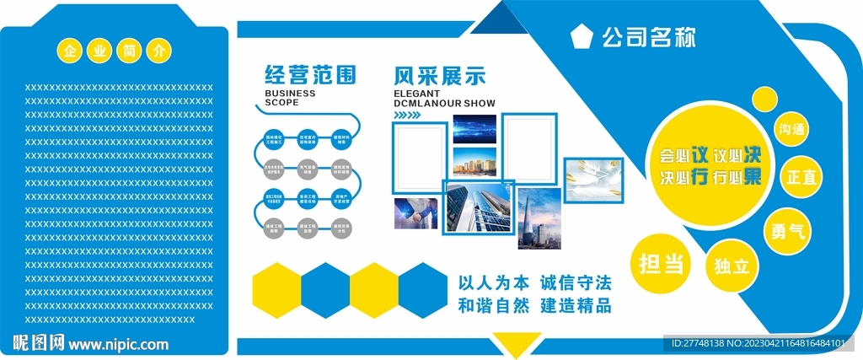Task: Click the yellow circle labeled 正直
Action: pyautogui.click(x=801, y=177)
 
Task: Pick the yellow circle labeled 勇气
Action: pyautogui.click(x=787, y=229)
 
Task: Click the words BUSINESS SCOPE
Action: pyautogui.click(x=290, y=98)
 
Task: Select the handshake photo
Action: pyautogui.click(x=415, y=213)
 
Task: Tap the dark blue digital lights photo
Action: pyautogui.click(x=474, y=130)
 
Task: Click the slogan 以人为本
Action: pyautogui.click(x=493, y=282)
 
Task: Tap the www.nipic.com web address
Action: pyautogui.click(x=118, y=344)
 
